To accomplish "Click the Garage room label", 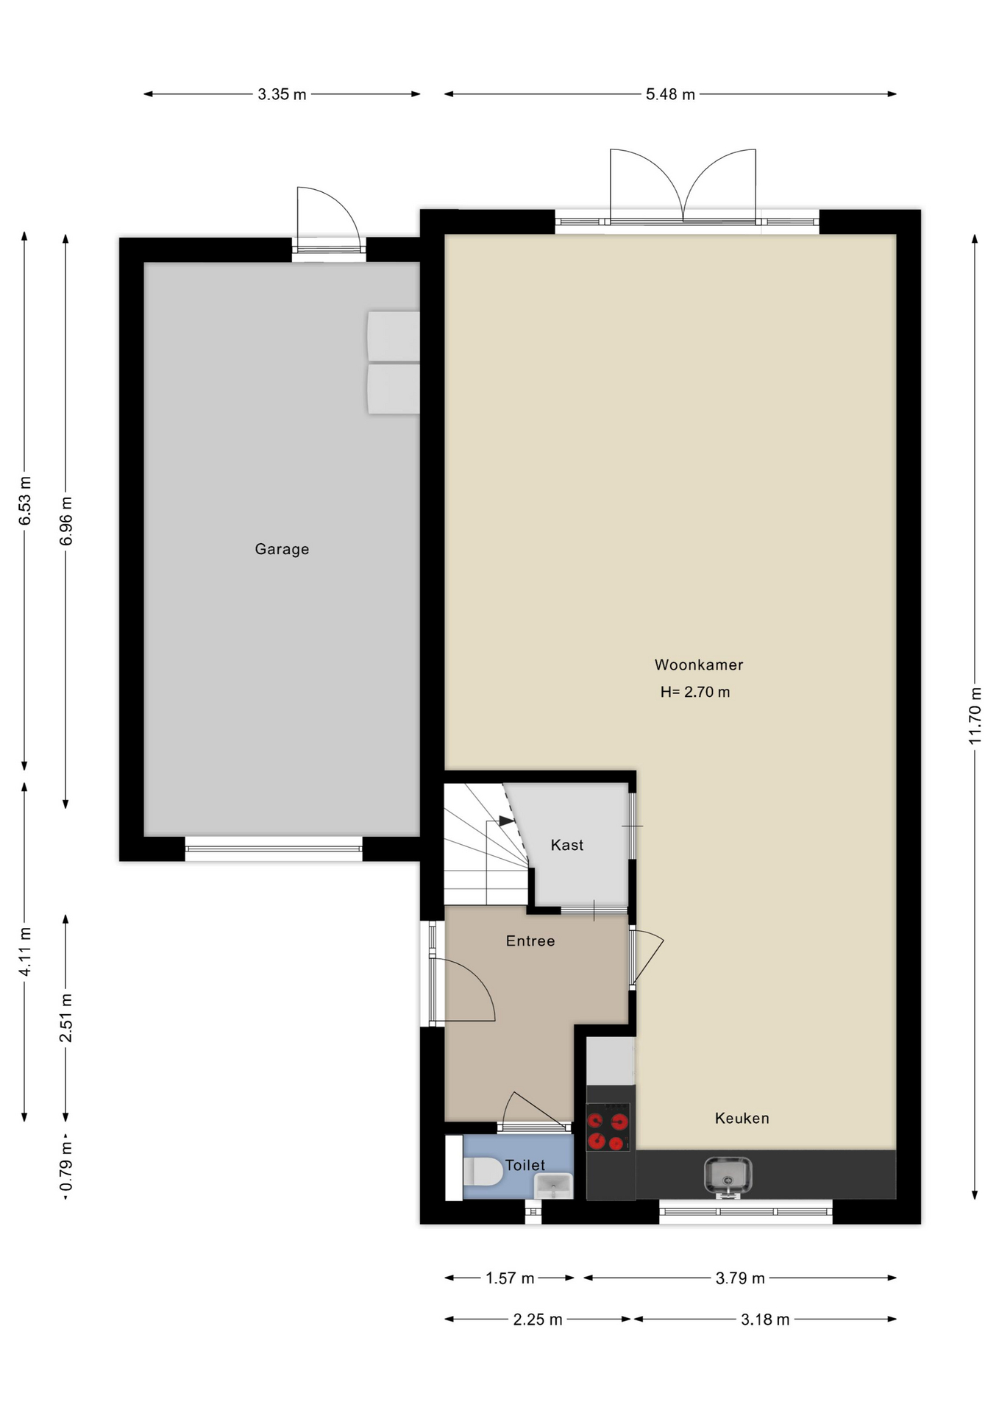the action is [x=282, y=549].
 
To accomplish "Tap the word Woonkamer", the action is [x=699, y=665].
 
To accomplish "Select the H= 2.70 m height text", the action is [x=695, y=692].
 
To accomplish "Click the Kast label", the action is [x=567, y=845].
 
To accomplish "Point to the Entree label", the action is [x=530, y=941].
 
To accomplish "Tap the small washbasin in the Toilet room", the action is [x=553, y=1186].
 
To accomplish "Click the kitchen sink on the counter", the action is [x=728, y=1175].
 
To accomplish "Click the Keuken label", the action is [x=742, y=1118].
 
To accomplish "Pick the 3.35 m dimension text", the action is [x=282, y=94].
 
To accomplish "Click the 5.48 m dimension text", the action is [x=670, y=94].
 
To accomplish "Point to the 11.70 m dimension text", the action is [x=975, y=715].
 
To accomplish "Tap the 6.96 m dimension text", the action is [x=66, y=521].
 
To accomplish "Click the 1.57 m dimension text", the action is [x=510, y=1278].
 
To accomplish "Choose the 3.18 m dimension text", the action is [x=765, y=1320].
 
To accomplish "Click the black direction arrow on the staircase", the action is [x=506, y=821].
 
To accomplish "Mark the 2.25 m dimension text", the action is [x=538, y=1320].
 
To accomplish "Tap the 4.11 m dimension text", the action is [x=25, y=952].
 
